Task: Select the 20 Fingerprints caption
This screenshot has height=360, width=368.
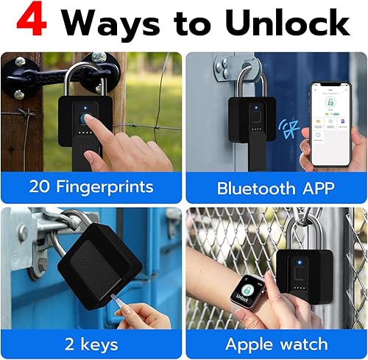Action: (92, 186)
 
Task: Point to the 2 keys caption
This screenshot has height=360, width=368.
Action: (92, 343)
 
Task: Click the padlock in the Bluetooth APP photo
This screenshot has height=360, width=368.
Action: (250, 129)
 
